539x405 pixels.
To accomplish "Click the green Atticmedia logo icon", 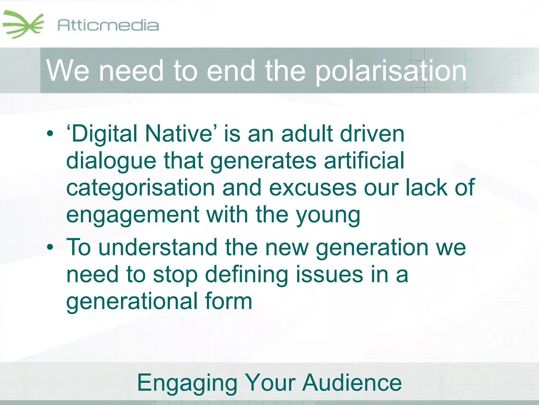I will [x=23, y=24].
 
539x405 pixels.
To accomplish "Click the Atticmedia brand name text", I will [x=108, y=25].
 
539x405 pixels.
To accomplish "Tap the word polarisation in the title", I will [x=391, y=71].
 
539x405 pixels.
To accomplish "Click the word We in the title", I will [x=68, y=71].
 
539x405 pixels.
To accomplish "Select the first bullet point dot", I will [x=50, y=134].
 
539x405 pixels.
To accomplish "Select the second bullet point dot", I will [x=50, y=247].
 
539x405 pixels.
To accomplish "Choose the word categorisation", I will [x=141, y=188].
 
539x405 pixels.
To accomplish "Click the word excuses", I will [x=313, y=188].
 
